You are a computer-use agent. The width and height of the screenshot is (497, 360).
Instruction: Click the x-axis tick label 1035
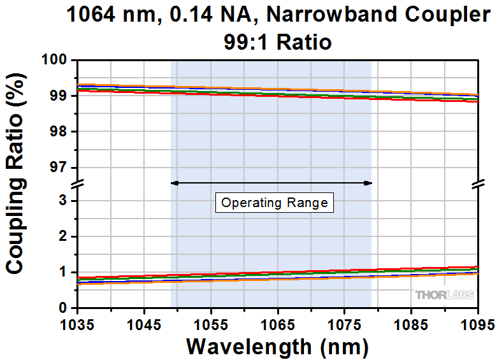77,324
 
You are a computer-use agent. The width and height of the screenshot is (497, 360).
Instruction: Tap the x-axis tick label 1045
144,324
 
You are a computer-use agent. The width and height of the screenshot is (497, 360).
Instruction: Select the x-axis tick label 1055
211,324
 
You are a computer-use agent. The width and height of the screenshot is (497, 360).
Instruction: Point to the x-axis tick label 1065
278,324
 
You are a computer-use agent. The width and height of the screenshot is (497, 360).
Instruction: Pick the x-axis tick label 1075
345,324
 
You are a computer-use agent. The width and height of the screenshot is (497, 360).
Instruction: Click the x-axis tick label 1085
412,324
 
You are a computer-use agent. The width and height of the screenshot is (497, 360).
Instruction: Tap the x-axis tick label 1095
478,324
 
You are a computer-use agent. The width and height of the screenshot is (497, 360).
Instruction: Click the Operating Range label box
274,203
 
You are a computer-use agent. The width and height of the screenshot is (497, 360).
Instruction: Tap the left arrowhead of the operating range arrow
173,183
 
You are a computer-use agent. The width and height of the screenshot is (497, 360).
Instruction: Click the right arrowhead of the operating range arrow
368,183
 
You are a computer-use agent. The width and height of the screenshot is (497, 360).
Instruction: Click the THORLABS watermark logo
445,295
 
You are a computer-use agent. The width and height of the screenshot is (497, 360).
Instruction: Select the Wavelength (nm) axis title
277,347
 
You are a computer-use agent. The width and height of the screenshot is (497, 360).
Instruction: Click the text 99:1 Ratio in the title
277,42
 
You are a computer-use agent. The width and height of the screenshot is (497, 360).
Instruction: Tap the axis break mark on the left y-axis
77,185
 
